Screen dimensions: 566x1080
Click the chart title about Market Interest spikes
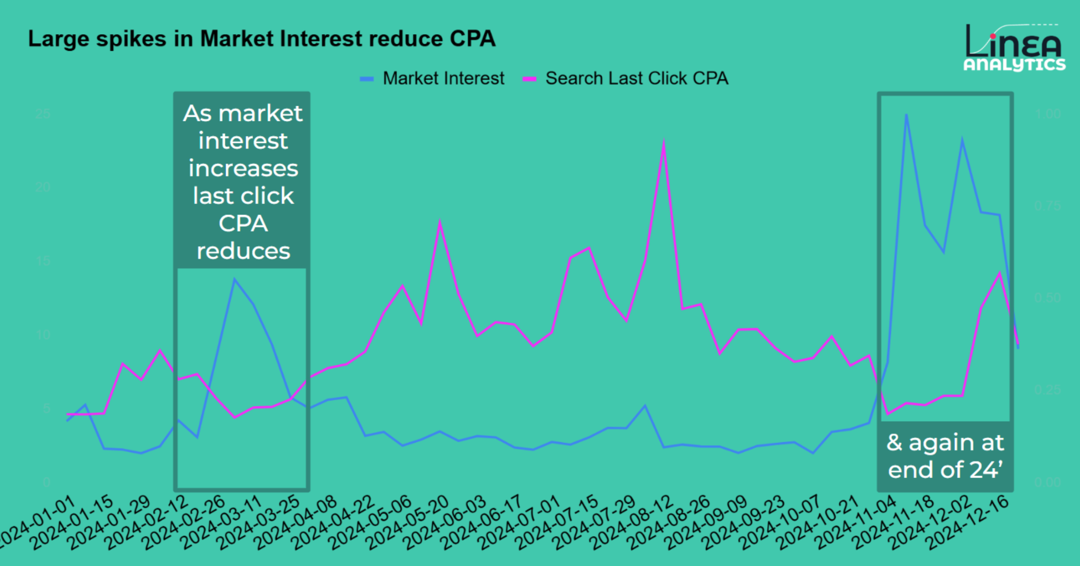coord(261,39)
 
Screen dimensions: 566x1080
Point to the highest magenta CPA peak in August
coord(663,142)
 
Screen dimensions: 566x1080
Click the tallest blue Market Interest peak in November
coord(906,115)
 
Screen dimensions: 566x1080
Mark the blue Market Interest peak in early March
coord(235,280)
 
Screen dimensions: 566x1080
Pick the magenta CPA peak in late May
coord(440,222)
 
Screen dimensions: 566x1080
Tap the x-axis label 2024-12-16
coord(969,522)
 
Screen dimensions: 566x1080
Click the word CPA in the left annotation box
coord(243,224)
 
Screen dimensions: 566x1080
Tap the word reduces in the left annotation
coord(243,251)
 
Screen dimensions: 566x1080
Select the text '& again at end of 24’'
coord(945,456)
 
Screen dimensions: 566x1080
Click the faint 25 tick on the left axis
coord(43,114)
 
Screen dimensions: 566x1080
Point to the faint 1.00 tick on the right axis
coord(1048,114)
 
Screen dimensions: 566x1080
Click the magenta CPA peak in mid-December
coord(999,273)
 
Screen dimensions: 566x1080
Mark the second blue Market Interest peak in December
coord(963,140)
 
